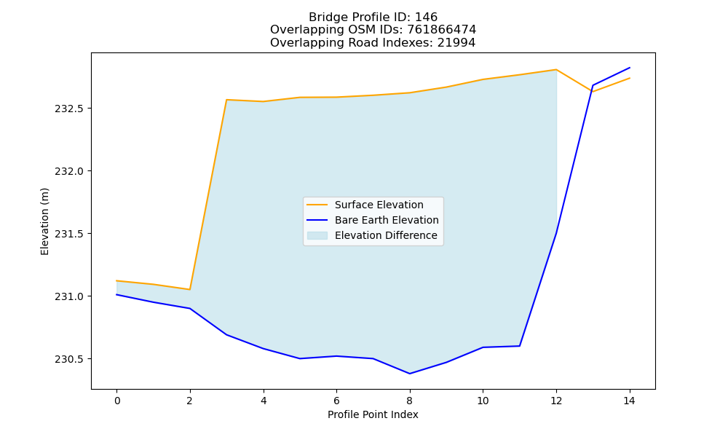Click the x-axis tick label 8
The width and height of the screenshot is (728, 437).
(409, 401)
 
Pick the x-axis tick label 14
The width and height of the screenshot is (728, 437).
(629, 401)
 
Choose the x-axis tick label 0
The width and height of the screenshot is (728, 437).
(117, 401)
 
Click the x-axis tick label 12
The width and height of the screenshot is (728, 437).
(556, 401)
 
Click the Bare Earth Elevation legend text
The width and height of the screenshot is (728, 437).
(387, 220)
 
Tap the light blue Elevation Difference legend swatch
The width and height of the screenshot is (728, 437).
(317, 235)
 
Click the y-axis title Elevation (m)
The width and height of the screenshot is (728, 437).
(44, 221)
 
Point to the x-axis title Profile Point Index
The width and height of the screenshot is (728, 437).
(373, 414)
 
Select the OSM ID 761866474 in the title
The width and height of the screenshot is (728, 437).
(442, 30)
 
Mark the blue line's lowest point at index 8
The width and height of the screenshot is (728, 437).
(409, 374)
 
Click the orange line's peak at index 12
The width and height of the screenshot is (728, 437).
(556, 70)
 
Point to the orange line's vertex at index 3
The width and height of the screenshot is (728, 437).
(226, 99)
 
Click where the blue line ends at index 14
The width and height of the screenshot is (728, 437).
(630, 68)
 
